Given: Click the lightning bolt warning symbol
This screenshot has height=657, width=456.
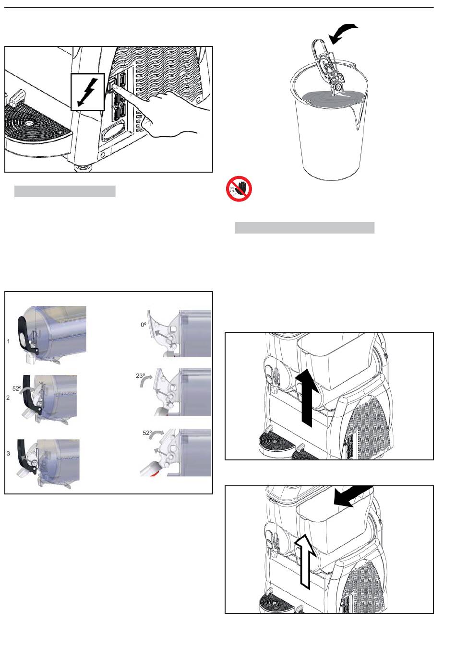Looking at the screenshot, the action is click(x=87, y=92).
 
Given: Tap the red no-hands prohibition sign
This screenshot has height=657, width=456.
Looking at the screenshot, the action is click(x=239, y=188).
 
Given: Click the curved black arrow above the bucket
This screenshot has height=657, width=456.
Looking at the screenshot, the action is click(x=342, y=33).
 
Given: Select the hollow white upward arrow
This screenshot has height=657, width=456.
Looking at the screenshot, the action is click(x=305, y=561).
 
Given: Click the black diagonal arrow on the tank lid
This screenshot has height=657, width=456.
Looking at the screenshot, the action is click(x=353, y=496).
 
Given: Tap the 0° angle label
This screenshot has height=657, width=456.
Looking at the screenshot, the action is click(x=144, y=325).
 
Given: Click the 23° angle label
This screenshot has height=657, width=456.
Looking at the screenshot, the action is click(x=140, y=375).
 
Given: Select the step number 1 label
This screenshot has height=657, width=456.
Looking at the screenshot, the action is click(x=8, y=341).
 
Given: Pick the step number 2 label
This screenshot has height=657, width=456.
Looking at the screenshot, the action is click(x=8, y=398).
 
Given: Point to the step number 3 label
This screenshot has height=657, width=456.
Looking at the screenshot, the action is click(x=8, y=454).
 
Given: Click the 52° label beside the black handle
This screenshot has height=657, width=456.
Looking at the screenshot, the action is click(x=17, y=388).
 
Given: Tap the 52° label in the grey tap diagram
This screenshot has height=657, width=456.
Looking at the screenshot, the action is click(x=147, y=433).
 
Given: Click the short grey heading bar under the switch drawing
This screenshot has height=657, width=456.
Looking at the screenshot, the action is click(x=65, y=191).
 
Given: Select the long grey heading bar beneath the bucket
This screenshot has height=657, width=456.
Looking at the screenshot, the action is click(x=305, y=228).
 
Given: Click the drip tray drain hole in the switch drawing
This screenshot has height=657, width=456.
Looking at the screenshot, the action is click(x=28, y=123).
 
